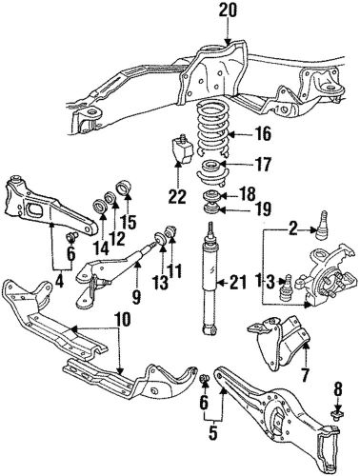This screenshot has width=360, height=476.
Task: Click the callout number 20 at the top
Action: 225,10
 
